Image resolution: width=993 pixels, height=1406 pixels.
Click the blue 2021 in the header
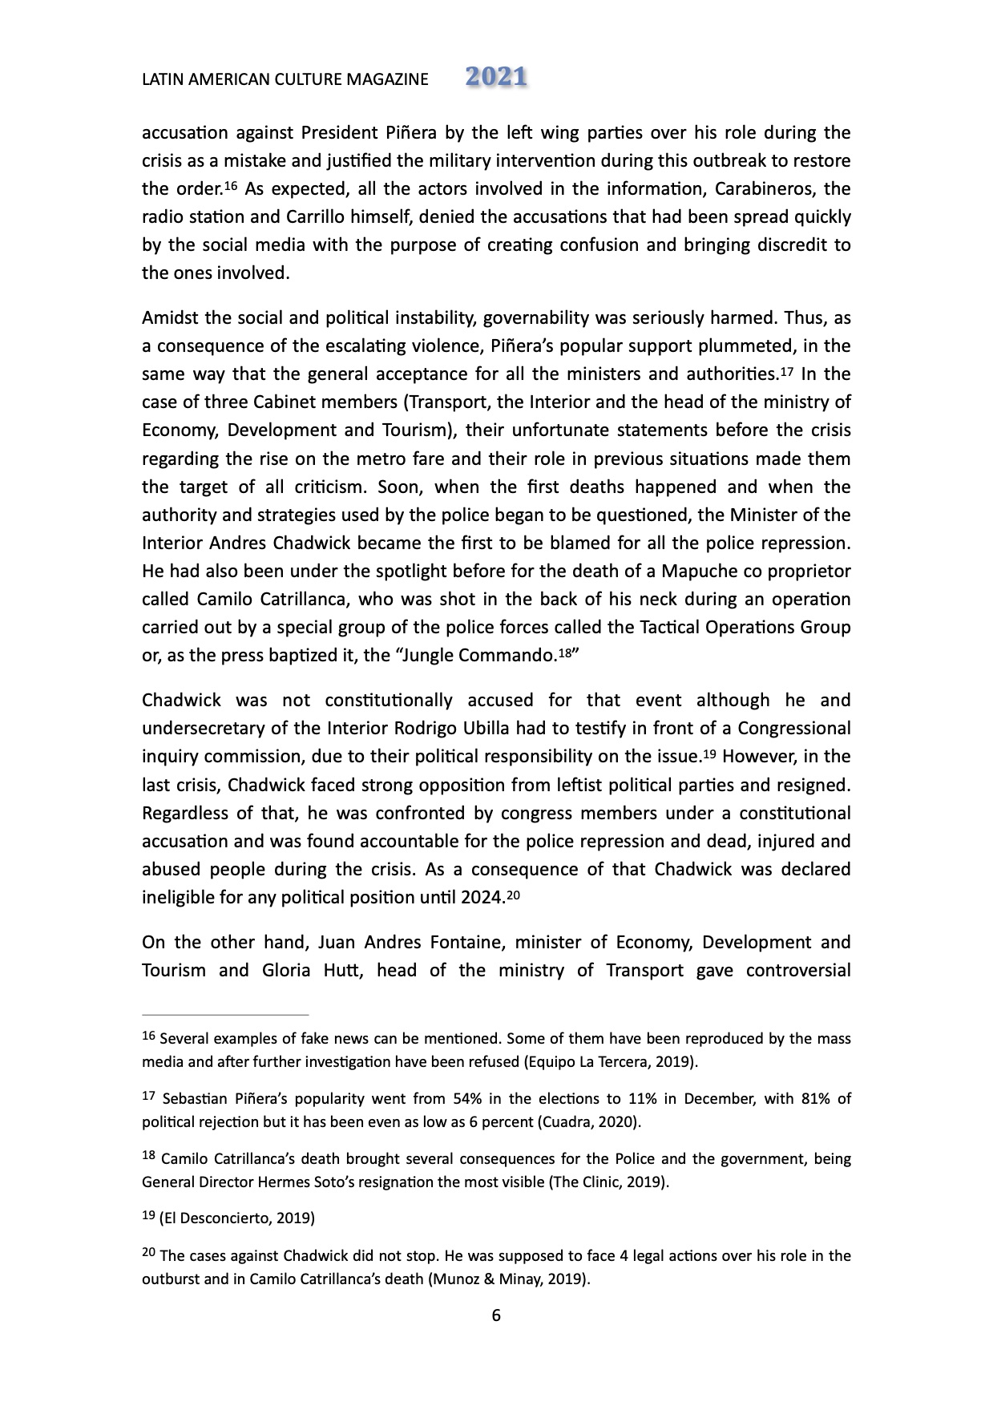(x=496, y=77)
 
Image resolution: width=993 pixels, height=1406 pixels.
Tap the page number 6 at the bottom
(x=496, y=1315)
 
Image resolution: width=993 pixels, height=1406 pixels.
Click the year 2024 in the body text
(x=482, y=898)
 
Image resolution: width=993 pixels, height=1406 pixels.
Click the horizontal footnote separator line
(x=225, y=1014)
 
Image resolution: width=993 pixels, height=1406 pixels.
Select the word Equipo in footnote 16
(x=549, y=1063)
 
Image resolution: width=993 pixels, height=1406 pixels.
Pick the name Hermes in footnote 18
(x=282, y=1182)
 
